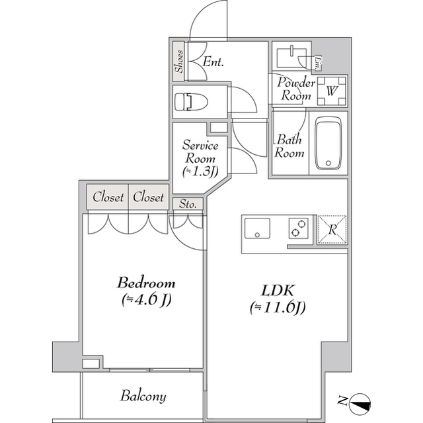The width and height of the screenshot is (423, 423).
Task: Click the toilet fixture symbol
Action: point(191,102)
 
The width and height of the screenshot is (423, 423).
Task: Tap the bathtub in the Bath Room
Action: point(328,143)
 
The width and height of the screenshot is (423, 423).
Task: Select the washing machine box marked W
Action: point(332,91)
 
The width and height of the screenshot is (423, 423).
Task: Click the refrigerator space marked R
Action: point(332,230)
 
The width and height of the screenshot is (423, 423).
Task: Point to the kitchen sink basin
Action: point(257,228)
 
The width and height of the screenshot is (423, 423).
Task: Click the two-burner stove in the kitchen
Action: point(299,228)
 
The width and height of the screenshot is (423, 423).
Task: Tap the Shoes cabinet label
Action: point(179,62)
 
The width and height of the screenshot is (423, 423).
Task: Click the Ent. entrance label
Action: point(213,62)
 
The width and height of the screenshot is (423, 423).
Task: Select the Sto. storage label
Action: point(188,204)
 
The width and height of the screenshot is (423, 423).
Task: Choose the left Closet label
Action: point(108,197)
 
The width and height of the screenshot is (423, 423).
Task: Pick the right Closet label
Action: point(148,197)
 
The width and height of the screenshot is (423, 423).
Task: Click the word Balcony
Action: point(143,396)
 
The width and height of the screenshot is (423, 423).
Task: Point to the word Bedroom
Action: point(146,283)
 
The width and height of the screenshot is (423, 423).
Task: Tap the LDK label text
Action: point(278,291)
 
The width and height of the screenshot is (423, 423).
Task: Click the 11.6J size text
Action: point(278,308)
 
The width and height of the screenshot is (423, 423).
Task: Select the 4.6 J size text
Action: point(147,300)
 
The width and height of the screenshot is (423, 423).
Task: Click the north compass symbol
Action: point(360,404)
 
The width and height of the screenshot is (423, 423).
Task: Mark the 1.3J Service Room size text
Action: point(200,172)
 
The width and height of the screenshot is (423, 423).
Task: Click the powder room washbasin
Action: point(292,58)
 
